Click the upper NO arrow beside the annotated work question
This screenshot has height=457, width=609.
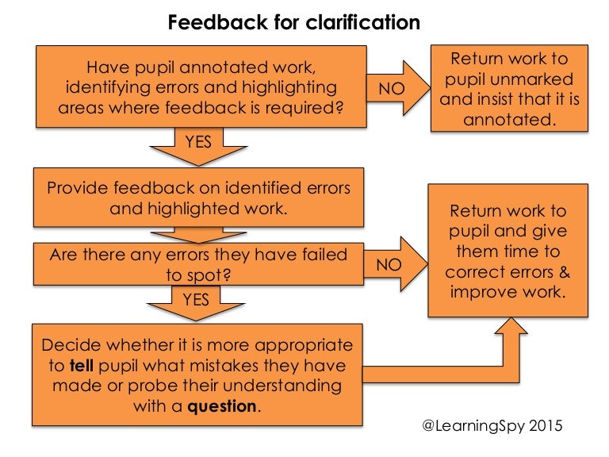pyautogui.click(x=396, y=89)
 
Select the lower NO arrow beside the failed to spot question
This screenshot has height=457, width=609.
pyautogui.click(x=394, y=265)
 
